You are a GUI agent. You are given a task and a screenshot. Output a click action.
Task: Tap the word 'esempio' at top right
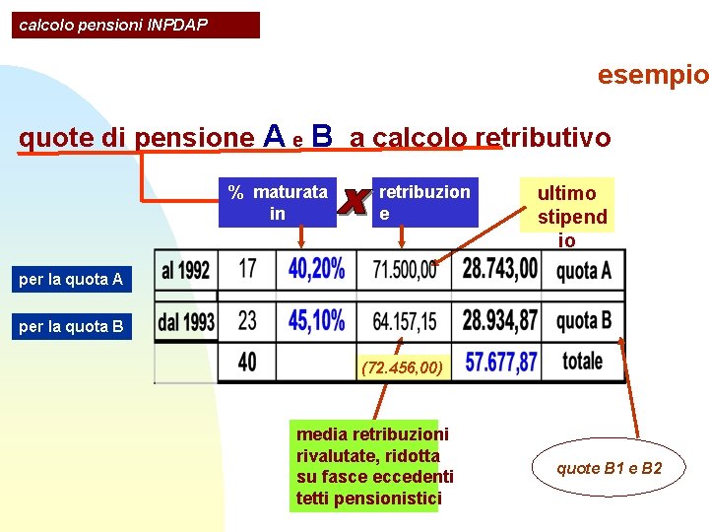652,75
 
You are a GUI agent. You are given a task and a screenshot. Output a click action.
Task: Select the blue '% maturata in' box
278,202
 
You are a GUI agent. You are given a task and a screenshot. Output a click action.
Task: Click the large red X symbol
354,201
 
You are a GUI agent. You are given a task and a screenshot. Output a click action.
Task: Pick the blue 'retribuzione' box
424,202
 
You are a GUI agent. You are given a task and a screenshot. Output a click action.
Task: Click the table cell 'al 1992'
187,269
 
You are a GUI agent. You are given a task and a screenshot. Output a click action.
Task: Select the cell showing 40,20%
316,269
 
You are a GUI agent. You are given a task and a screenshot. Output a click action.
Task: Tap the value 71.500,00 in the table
405,270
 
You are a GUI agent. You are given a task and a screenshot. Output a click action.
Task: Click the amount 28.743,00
500,269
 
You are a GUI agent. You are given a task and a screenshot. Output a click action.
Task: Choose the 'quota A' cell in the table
583,270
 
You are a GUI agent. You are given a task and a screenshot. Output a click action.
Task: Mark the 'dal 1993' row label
187,321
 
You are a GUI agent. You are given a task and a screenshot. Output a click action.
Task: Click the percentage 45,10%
316,321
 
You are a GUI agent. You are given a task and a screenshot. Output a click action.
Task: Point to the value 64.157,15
405,321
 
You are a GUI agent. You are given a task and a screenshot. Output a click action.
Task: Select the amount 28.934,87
500,321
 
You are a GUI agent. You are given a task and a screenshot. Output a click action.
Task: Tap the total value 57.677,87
500,363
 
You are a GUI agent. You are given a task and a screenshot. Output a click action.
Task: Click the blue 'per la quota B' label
71,327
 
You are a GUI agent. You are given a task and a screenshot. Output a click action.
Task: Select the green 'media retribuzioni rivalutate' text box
374,466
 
